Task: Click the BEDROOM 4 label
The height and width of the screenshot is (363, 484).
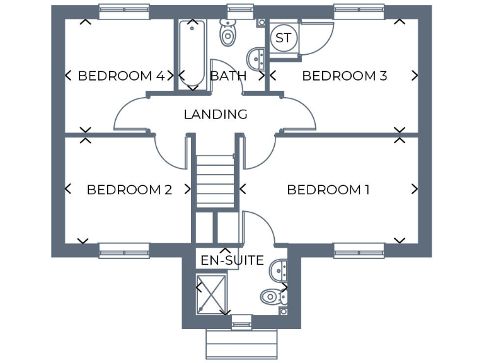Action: (121, 76)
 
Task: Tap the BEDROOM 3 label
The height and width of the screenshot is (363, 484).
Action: (344, 76)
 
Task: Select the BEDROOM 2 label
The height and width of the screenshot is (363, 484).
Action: (129, 190)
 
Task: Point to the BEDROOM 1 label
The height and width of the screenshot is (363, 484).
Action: (328, 190)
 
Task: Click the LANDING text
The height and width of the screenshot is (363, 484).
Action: (215, 115)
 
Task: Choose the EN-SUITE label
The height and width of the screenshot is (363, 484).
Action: (232, 260)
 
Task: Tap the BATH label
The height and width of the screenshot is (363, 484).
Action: (228, 76)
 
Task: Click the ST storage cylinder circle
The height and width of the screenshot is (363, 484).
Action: (284, 38)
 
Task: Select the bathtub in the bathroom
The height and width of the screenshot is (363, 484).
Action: (191, 53)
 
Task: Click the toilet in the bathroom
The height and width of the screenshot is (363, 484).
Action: (228, 32)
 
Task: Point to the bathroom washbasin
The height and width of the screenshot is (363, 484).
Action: (256, 59)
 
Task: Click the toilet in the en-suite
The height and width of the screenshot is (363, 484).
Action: (272, 295)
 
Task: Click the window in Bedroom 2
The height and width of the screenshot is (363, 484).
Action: (124, 251)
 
